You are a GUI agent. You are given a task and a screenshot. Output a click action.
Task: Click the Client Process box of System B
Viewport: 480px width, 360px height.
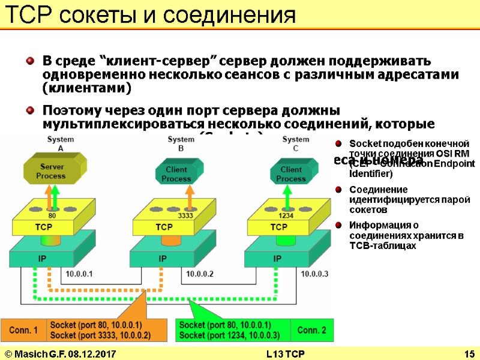pyautogui.click(x=176, y=173)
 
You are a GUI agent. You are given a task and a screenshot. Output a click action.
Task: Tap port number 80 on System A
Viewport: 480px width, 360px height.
pyautogui.click(x=52, y=215)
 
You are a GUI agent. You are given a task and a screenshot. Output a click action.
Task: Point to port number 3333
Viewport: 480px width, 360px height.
pyautogui.click(x=185, y=215)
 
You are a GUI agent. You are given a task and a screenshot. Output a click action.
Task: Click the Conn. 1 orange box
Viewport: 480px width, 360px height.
pyautogui.click(x=23, y=330)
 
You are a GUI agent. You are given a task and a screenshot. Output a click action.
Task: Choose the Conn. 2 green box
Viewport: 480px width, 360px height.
pyautogui.click(x=311, y=330)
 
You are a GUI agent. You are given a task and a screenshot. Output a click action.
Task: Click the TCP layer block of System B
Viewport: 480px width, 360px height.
pyautogui.click(x=164, y=227)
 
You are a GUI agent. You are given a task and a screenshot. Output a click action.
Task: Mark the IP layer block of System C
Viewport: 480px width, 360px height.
pyautogui.click(x=277, y=259)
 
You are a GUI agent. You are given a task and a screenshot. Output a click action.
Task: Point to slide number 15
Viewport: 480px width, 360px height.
pyautogui.click(x=469, y=353)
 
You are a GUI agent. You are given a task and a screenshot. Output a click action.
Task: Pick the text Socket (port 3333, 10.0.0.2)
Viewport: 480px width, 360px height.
pyautogui.click(x=101, y=335)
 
